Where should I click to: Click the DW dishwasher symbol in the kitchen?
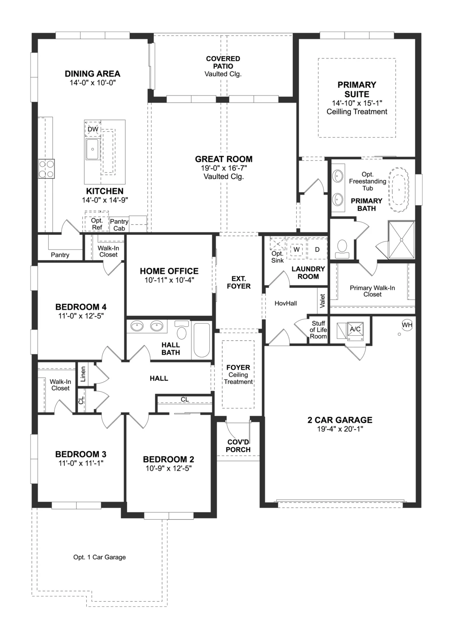pos(93,129)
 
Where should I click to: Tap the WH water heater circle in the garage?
pos(407,325)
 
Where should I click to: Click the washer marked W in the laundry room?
pos(296,249)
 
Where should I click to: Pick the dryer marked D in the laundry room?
pos(317,249)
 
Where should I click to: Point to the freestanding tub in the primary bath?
pos(399,188)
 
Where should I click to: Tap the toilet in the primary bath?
pos(342,248)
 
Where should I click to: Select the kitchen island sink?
pos(93,150)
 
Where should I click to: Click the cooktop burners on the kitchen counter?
pos(46,169)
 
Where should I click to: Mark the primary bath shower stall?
pos(401,240)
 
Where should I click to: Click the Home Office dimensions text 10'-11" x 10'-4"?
pos(169,280)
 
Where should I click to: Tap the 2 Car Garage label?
pos(340,420)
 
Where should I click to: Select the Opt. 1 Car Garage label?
pos(99,557)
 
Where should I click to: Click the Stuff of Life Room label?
pos(318,330)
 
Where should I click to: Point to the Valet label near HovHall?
pos(322,301)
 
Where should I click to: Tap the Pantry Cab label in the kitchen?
pos(119,225)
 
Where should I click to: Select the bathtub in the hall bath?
pos(202,340)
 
